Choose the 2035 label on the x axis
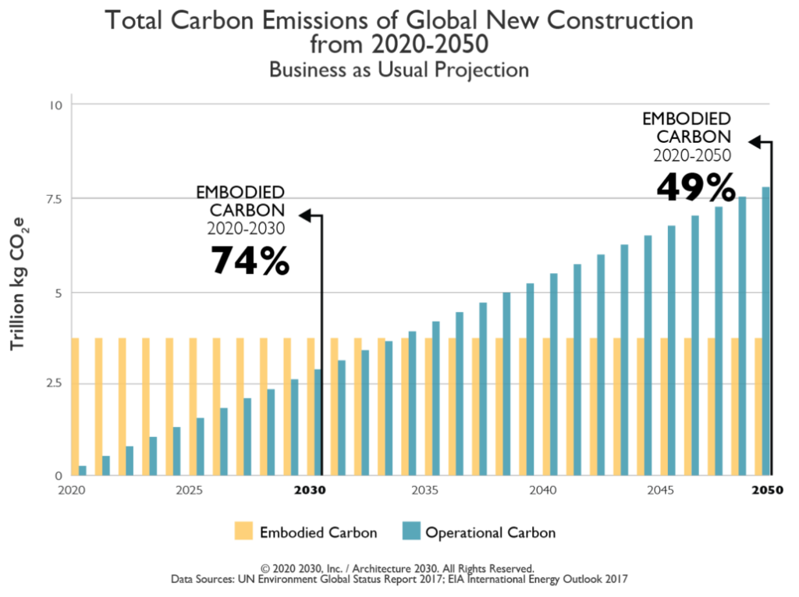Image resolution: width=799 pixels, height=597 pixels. (424, 491)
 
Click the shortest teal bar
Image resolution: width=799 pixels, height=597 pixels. (83, 470)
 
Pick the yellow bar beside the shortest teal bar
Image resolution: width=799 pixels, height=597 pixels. (75, 406)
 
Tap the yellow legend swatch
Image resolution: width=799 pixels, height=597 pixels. (244, 531)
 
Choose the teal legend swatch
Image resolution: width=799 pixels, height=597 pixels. (410, 531)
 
